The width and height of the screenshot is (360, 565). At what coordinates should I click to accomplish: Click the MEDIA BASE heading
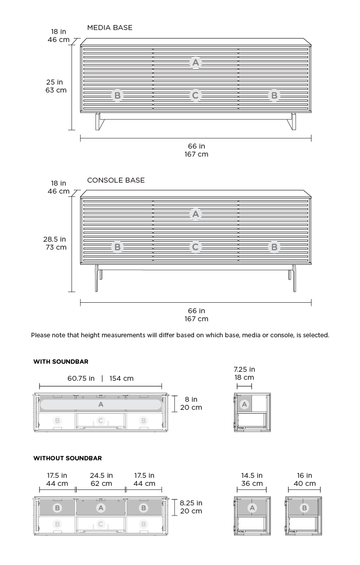tap(109, 28)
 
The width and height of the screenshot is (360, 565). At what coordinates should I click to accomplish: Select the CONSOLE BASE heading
tap(115, 180)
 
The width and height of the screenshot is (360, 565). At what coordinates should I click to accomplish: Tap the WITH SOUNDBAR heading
tap(62, 361)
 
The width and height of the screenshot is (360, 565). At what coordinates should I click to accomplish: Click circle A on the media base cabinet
tap(195, 62)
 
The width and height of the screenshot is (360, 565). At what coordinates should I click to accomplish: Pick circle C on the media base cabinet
tap(195, 96)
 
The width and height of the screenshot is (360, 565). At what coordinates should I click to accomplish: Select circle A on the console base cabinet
tap(195, 213)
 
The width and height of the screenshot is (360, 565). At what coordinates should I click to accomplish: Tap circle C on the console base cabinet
tap(195, 246)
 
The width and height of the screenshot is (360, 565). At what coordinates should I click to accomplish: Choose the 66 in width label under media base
tap(196, 150)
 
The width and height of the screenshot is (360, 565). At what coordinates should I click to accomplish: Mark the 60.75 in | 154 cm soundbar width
tap(100, 379)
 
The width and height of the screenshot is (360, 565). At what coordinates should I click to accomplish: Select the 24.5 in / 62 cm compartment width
tap(101, 479)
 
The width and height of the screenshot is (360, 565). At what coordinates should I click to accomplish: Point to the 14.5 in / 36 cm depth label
tap(252, 479)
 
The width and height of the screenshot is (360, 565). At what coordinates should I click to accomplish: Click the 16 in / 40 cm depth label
tap(304, 479)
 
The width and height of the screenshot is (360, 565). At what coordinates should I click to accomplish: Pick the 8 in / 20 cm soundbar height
tap(190, 403)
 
